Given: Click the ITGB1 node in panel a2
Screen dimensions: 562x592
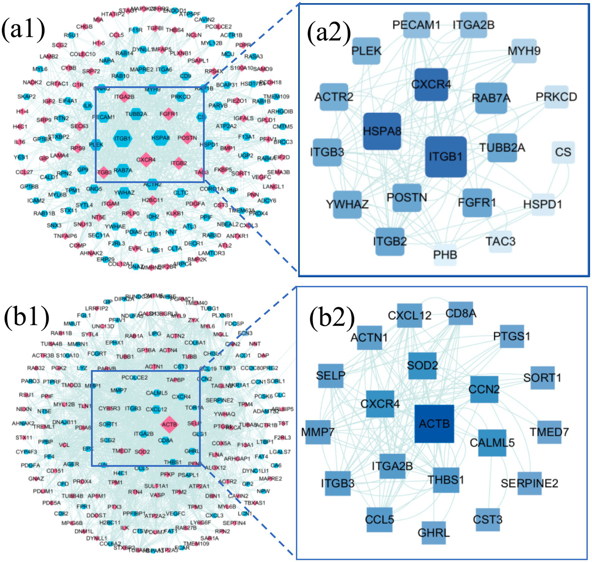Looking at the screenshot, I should coord(446,156).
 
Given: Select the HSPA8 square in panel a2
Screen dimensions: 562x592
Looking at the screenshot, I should coord(382,131).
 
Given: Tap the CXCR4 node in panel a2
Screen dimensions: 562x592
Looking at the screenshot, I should coord(431,84).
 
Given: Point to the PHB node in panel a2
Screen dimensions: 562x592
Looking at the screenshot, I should coord(445,255).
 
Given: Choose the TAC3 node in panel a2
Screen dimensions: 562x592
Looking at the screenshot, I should coord(500,242).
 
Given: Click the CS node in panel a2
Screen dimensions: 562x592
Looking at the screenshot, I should coord(563,152).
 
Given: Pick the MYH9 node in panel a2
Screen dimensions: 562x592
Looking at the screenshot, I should coord(524,51).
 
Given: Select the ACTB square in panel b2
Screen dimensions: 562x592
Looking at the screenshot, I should coord(434,424).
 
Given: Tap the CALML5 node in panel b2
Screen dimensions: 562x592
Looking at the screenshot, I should coord(492,443).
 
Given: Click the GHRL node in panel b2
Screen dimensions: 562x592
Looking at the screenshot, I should coord(433,533).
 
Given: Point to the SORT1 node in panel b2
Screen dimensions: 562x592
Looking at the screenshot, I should coord(542,378).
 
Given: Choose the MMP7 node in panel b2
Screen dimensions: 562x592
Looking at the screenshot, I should coord(318,432).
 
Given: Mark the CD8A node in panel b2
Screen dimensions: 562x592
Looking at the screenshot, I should coord(460,314).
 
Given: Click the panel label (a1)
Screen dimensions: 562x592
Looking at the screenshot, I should coord(23,30).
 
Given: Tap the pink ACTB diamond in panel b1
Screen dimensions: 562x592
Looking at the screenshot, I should coord(169,424).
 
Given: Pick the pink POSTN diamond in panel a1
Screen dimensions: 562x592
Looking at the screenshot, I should coord(187,138).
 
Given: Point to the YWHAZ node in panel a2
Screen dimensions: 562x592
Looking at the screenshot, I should coord(347,204).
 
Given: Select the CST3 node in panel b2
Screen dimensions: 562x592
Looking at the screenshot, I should coord(487,520).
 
